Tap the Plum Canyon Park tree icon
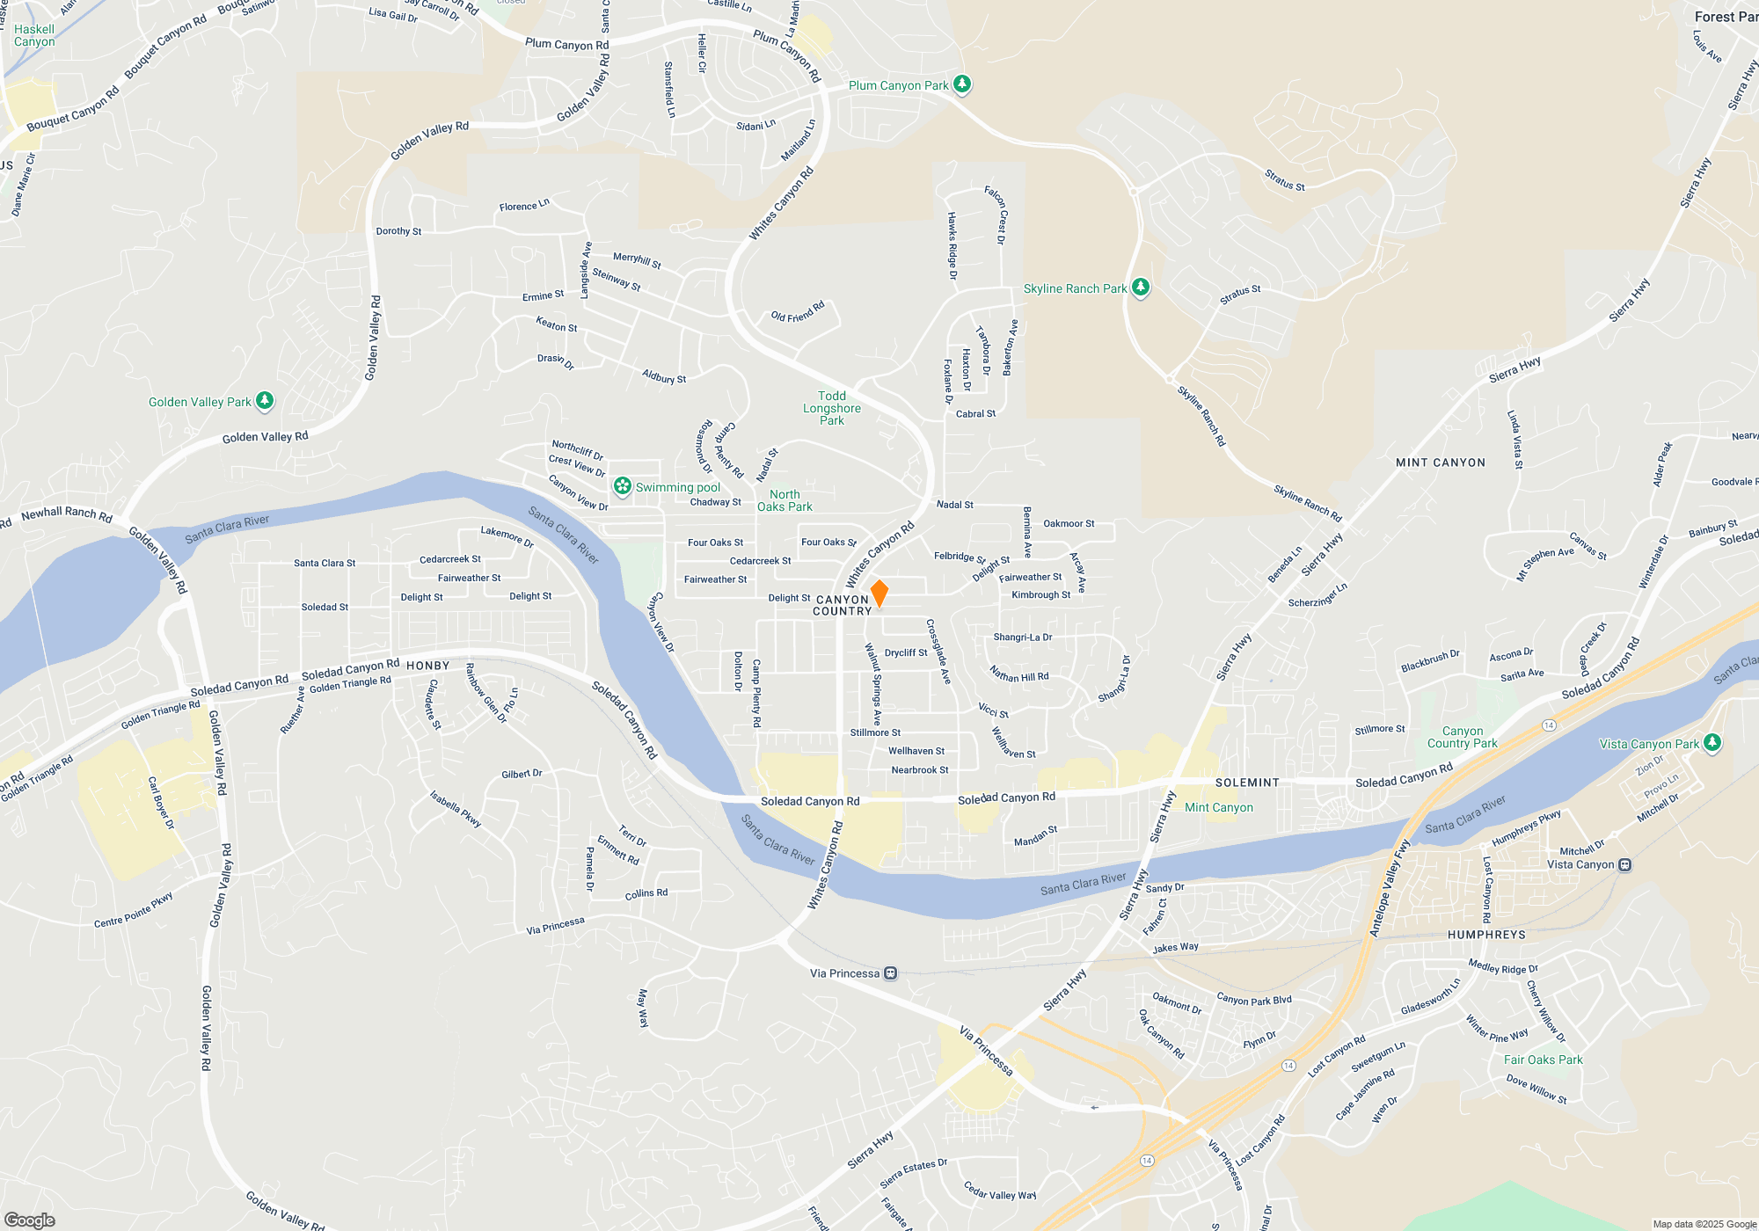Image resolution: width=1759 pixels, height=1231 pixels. (962, 84)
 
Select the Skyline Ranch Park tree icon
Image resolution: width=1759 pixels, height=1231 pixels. (1141, 288)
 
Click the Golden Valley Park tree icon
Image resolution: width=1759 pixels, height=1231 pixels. (264, 401)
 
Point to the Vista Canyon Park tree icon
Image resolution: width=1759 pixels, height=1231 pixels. (1712, 743)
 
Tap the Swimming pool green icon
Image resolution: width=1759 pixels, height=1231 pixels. (623, 486)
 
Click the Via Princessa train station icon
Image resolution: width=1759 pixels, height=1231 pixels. (891, 973)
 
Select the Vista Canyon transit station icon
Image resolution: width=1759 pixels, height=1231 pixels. (1625, 864)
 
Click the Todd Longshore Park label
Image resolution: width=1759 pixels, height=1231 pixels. (831, 408)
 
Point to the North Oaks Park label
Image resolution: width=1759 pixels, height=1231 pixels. (785, 500)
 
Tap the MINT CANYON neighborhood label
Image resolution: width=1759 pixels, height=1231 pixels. (1440, 463)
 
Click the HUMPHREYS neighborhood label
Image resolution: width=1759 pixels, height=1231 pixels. (1486, 935)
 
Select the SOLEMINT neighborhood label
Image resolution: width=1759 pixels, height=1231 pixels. (1247, 783)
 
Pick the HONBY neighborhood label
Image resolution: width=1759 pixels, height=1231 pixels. (428, 666)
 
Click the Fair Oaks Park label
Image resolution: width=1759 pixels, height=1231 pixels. (1543, 1060)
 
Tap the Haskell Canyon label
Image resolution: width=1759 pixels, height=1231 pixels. (34, 35)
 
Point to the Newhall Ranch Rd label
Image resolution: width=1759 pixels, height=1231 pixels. (67, 514)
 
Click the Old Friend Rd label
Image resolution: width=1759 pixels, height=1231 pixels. (798, 312)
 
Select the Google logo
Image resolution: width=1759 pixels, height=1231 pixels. (30, 1220)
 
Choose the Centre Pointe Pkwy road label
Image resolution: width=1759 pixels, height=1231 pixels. (134, 910)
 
